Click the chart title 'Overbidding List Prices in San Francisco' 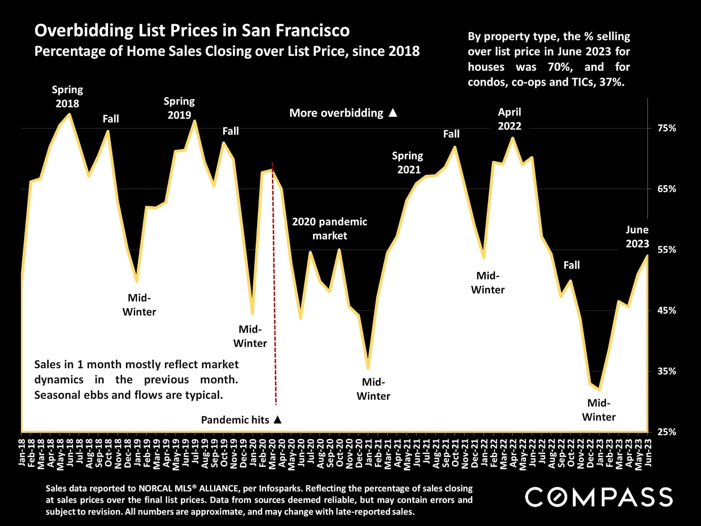(x=192, y=30)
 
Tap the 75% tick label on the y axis (x=667, y=128)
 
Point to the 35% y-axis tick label (x=667, y=371)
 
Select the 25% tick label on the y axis (x=667, y=432)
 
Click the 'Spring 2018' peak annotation (x=67, y=96)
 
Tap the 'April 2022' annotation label (x=509, y=119)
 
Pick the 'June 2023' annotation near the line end (x=637, y=237)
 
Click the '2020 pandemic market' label (x=329, y=229)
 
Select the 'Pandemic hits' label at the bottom (x=235, y=420)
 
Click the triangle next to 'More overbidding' (x=393, y=113)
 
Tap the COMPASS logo (x=599, y=497)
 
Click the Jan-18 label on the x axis (x=22, y=453)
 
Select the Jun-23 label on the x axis (x=648, y=453)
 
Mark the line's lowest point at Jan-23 (x=600, y=390)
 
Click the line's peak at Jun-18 (x=69, y=114)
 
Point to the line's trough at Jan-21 (x=368, y=368)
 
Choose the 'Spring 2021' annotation (x=408, y=163)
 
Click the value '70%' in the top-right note (x=560, y=67)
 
